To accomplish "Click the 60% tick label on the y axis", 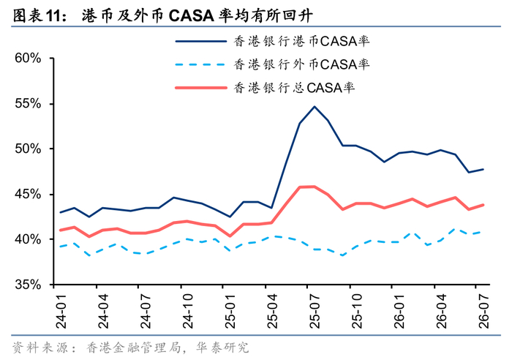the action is [x=28, y=59].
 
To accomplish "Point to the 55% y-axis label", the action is [x=28, y=104].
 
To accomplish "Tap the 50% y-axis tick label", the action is [x=28, y=149].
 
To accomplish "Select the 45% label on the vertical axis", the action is [x=28, y=195].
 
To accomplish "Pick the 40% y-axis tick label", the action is [x=28, y=239].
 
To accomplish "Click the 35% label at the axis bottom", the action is [x=28, y=285].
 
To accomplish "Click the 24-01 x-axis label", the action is [x=61, y=311].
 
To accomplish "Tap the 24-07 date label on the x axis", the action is [x=146, y=311].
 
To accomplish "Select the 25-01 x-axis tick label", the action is [x=230, y=311].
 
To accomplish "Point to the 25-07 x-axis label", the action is [x=314, y=311].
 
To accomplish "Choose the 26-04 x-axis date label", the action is [x=441, y=311].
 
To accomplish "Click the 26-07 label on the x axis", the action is [x=483, y=311].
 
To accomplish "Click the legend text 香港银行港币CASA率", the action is [x=301, y=41].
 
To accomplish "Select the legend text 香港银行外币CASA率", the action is [x=301, y=64].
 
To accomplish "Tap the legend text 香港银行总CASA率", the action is [x=294, y=88].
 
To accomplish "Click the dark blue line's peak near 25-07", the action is [x=315, y=107].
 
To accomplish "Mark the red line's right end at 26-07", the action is [x=483, y=205].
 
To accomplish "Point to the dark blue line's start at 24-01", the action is [x=61, y=212].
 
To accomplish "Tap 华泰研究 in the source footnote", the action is [x=222, y=348].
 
